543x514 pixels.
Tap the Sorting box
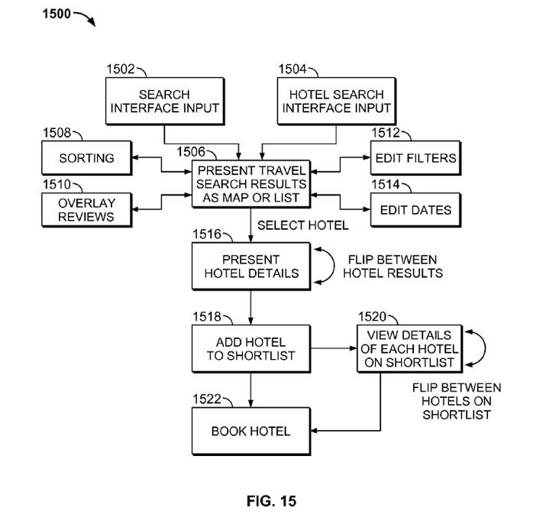pos(86,159)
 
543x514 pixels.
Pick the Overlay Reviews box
pos(86,210)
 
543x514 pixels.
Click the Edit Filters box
pos(416,159)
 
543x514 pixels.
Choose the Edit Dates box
pos(416,210)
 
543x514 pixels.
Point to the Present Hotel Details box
pos(250,266)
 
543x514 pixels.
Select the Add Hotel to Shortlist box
pos(250,349)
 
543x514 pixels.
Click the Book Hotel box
pos(250,432)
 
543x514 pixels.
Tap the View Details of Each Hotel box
pos(409,349)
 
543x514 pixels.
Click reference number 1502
pos(121,70)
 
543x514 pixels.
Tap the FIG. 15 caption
pos(271,500)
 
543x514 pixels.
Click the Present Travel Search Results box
pos(250,184)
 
